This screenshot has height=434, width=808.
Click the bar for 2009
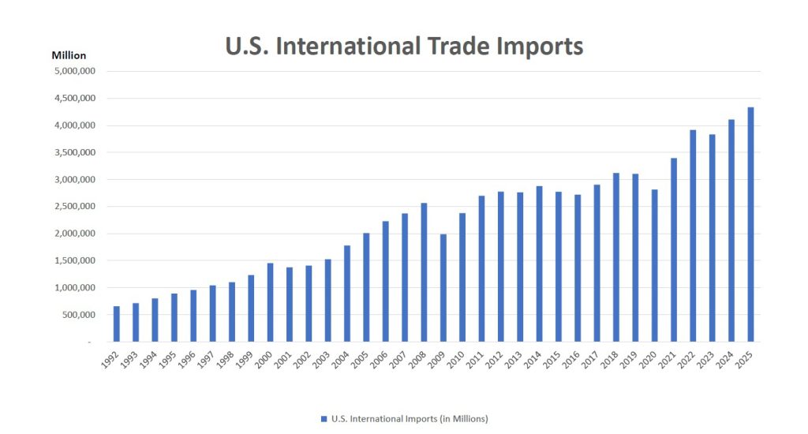(x=443, y=288)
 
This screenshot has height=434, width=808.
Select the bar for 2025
(x=750, y=225)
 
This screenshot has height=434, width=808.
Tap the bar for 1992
(x=117, y=324)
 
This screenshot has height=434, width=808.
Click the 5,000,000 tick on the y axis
(x=74, y=71)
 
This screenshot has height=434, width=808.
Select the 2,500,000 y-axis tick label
(x=74, y=207)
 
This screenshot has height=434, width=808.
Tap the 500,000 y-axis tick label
(x=77, y=315)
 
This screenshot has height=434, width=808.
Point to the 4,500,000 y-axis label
(x=74, y=99)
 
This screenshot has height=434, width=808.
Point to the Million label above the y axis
(x=69, y=55)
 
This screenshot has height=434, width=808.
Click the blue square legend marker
(x=324, y=419)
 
